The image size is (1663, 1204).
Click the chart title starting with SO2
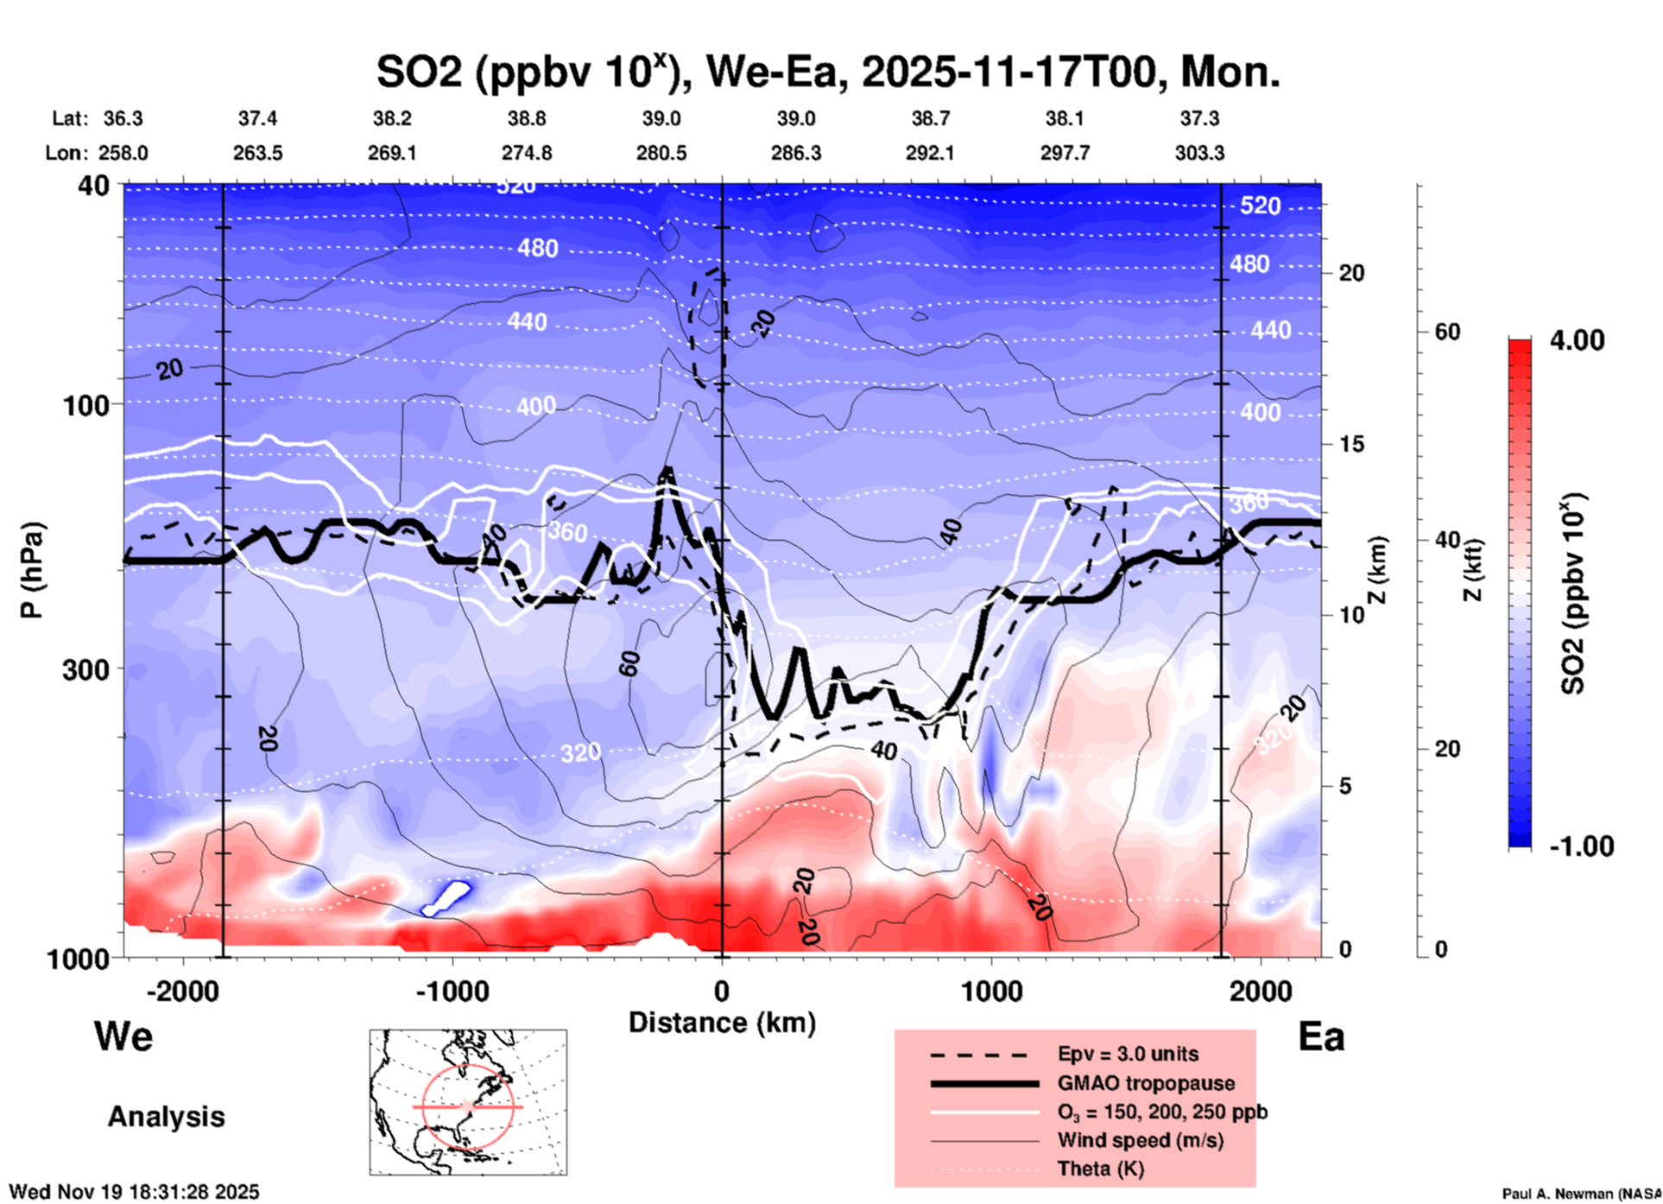(x=827, y=73)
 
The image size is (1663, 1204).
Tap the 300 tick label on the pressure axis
(x=85, y=669)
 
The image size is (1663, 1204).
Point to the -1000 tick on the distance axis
(x=452, y=991)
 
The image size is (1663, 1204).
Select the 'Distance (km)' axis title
(x=722, y=1023)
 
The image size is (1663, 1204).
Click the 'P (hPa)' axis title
(x=32, y=570)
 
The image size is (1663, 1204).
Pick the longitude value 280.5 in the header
(x=661, y=154)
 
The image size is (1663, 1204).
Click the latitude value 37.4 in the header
(x=257, y=118)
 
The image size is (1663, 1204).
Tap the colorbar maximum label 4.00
(x=1577, y=340)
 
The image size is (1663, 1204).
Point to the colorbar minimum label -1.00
(x=1581, y=846)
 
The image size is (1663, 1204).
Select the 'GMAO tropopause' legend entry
(x=1146, y=1083)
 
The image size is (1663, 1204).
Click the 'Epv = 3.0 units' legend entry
(x=1128, y=1055)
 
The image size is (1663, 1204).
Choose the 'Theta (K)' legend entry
(x=1100, y=1169)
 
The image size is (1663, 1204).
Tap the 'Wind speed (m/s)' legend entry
(x=1140, y=1141)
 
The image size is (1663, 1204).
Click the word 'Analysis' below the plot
(x=166, y=1117)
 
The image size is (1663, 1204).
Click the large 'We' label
(x=123, y=1036)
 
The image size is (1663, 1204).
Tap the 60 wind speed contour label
(x=629, y=663)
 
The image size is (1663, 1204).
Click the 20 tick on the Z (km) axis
(x=1351, y=274)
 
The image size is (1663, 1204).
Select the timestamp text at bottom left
(x=134, y=1192)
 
